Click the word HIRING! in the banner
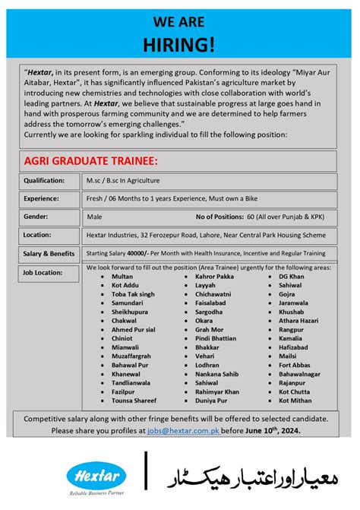[180, 43]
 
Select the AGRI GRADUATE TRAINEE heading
[91, 161]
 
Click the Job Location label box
[45, 271]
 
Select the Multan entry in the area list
[122, 277]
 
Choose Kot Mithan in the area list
[295, 400]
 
